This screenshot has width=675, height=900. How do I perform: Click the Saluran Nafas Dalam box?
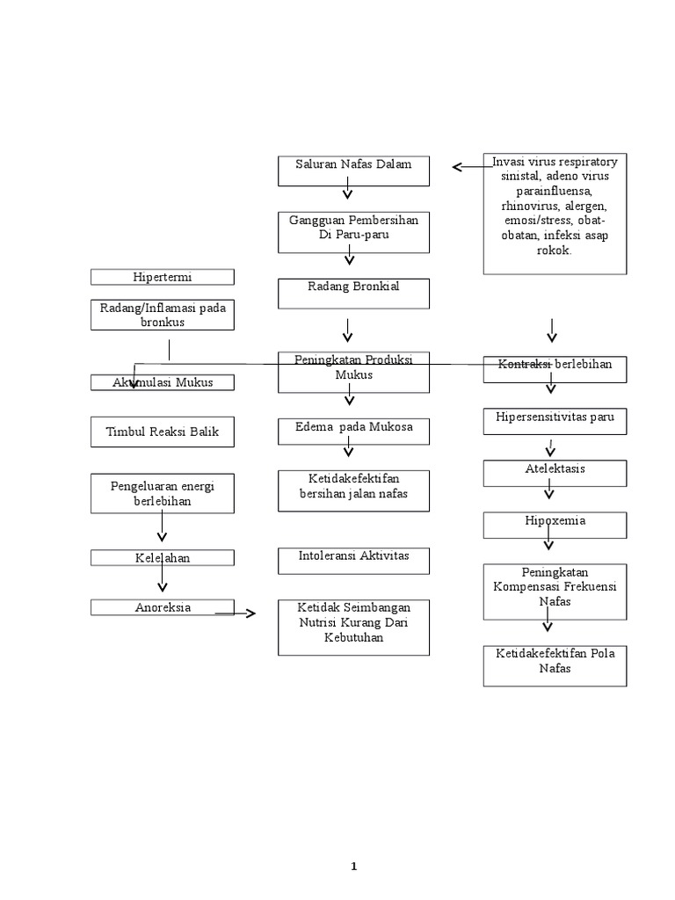(x=353, y=171)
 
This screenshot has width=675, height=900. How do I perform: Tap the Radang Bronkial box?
(x=353, y=294)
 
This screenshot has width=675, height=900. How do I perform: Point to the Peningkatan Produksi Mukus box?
(x=353, y=372)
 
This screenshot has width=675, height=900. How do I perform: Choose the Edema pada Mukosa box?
(x=353, y=431)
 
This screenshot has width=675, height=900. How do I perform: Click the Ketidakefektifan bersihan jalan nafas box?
(x=353, y=490)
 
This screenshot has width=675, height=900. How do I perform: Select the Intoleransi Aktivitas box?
(x=353, y=561)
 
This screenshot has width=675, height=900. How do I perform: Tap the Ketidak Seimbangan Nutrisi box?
(x=353, y=627)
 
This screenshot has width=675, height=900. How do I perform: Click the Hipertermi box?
(x=163, y=277)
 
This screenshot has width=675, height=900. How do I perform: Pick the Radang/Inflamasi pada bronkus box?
(x=163, y=315)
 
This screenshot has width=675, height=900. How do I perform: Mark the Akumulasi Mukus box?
(x=163, y=382)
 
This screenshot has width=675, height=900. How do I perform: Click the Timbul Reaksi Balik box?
(x=163, y=432)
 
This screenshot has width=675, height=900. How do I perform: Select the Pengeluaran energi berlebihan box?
(x=163, y=493)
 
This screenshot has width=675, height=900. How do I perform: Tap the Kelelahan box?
(x=163, y=557)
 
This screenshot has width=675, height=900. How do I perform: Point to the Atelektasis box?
(x=555, y=473)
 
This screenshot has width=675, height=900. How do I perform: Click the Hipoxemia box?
(x=555, y=525)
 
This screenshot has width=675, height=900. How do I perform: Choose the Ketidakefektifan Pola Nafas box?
(x=555, y=664)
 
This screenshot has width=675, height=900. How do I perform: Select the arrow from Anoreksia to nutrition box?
(x=236, y=613)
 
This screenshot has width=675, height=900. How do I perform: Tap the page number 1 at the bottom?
(x=353, y=867)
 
